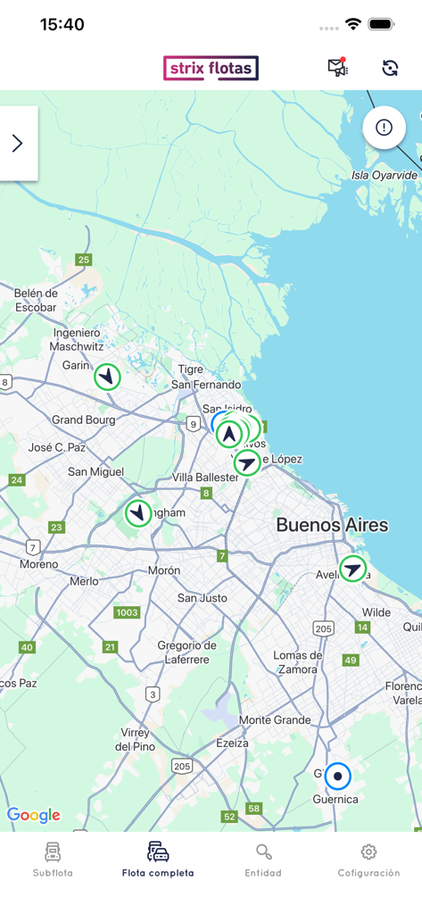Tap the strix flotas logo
tap(211, 69)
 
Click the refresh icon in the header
tap(390, 68)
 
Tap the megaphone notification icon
tap(337, 68)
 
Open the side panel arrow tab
tap(18, 144)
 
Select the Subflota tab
tap(53, 860)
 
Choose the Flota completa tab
tap(158, 860)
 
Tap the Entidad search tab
tap(263, 860)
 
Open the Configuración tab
tap(368, 860)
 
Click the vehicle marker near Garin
tap(108, 377)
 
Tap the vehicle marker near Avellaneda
tap(353, 569)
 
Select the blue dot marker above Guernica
tap(338, 777)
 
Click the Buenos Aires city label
tap(332, 525)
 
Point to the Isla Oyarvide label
tap(385, 175)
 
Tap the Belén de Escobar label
tap(36, 300)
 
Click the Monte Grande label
tap(275, 720)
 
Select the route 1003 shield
tap(128, 612)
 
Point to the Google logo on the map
tap(33, 815)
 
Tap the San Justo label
tap(200, 598)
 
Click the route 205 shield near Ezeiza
tap(182, 766)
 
